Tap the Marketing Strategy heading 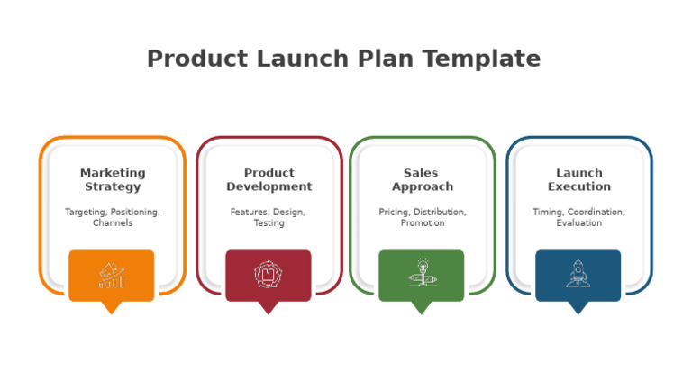pyautogui.click(x=113, y=179)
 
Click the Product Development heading pyautogui.click(x=269, y=179)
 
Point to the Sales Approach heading pyautogui.click(x=422, y=179)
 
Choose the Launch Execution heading pyautogui.click(x=578, y=179)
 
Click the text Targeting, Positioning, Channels pyautogui.click(x=113, y=217)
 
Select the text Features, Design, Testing pyautogui.click(x=269, y=217)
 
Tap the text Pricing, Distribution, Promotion pyautogui.click(x=422, y=217)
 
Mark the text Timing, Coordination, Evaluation pyautogui.click(x=578, y=217)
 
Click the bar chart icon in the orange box pyautogui.click(x=112, y=275)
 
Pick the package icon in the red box pyautogui.click(x=268, y=275)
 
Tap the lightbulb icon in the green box pyautogui.click(x=421, y=273)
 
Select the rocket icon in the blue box pyautogui.click(x=578, y=274)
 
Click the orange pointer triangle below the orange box pyautogui.click(x=111, y=306)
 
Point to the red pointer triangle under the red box pyautogui.click(x=268, y=306)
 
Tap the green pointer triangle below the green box pyautogui.click(x=421, y=306)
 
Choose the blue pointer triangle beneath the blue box pyautogui.click(x=578, y=306)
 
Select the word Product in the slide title pyautogui.click(x=197, y=59)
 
